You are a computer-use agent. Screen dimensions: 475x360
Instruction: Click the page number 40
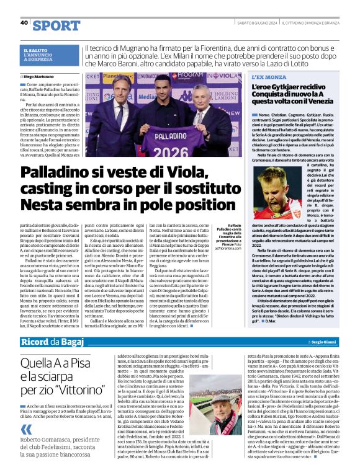(x=24, y=22)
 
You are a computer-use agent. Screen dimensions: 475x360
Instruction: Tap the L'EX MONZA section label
(x=268, y=76)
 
